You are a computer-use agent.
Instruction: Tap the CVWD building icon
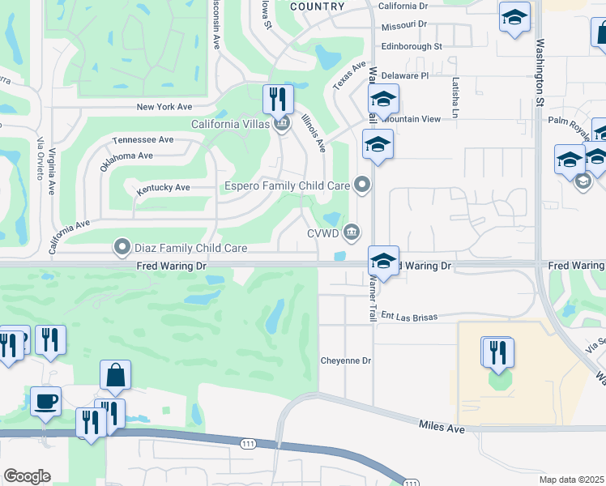tap(351, 233)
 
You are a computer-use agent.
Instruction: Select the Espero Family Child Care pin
tap(363, 186)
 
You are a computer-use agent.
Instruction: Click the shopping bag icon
tap(116, 376)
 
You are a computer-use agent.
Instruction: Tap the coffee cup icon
tap(45, 401)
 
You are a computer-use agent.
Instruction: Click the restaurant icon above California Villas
tap(278, 100)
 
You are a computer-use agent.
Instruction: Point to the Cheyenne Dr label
tap(345, 360)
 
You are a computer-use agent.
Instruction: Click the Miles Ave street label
tap(442, 426)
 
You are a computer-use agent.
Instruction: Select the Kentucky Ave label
tap(164, 188)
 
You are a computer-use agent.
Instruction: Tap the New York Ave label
tap(164, 106)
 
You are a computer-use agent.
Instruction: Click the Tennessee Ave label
tap(143, 139)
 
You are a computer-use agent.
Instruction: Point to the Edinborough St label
tap(411, 47)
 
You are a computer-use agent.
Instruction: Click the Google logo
tap(27, 476)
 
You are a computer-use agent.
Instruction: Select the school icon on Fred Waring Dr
tap(384, 262)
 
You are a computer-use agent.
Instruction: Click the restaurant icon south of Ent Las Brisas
tap(497, 352)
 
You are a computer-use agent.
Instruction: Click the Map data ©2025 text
tap(572, 480)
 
